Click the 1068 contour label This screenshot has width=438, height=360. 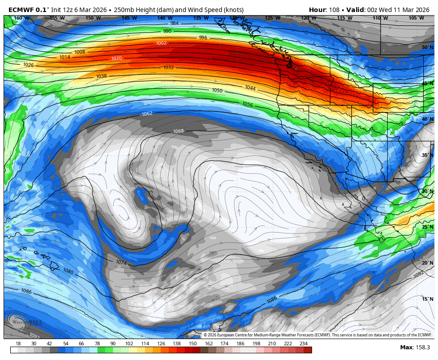click(178, 131)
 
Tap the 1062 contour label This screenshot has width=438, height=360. click(147, 114)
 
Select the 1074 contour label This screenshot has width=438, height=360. click(121, 263)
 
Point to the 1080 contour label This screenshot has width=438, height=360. click(68, 271)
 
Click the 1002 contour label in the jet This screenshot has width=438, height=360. click(161, 43)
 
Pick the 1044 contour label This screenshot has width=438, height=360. click(250, 88)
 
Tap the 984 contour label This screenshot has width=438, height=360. click(174, 23)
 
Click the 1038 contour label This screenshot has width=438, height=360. click(101, 76)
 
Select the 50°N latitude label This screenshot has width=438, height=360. click(427, 48)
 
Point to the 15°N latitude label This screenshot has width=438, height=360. click(427, 299)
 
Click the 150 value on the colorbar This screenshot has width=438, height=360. click(192, 344)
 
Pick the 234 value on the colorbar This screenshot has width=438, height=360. click(303, 344)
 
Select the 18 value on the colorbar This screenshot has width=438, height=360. click(18, 344)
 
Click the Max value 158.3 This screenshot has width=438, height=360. click(422, 347)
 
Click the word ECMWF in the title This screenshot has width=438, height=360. click(21, 10)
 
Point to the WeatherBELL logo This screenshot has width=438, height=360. click(20, 321)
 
